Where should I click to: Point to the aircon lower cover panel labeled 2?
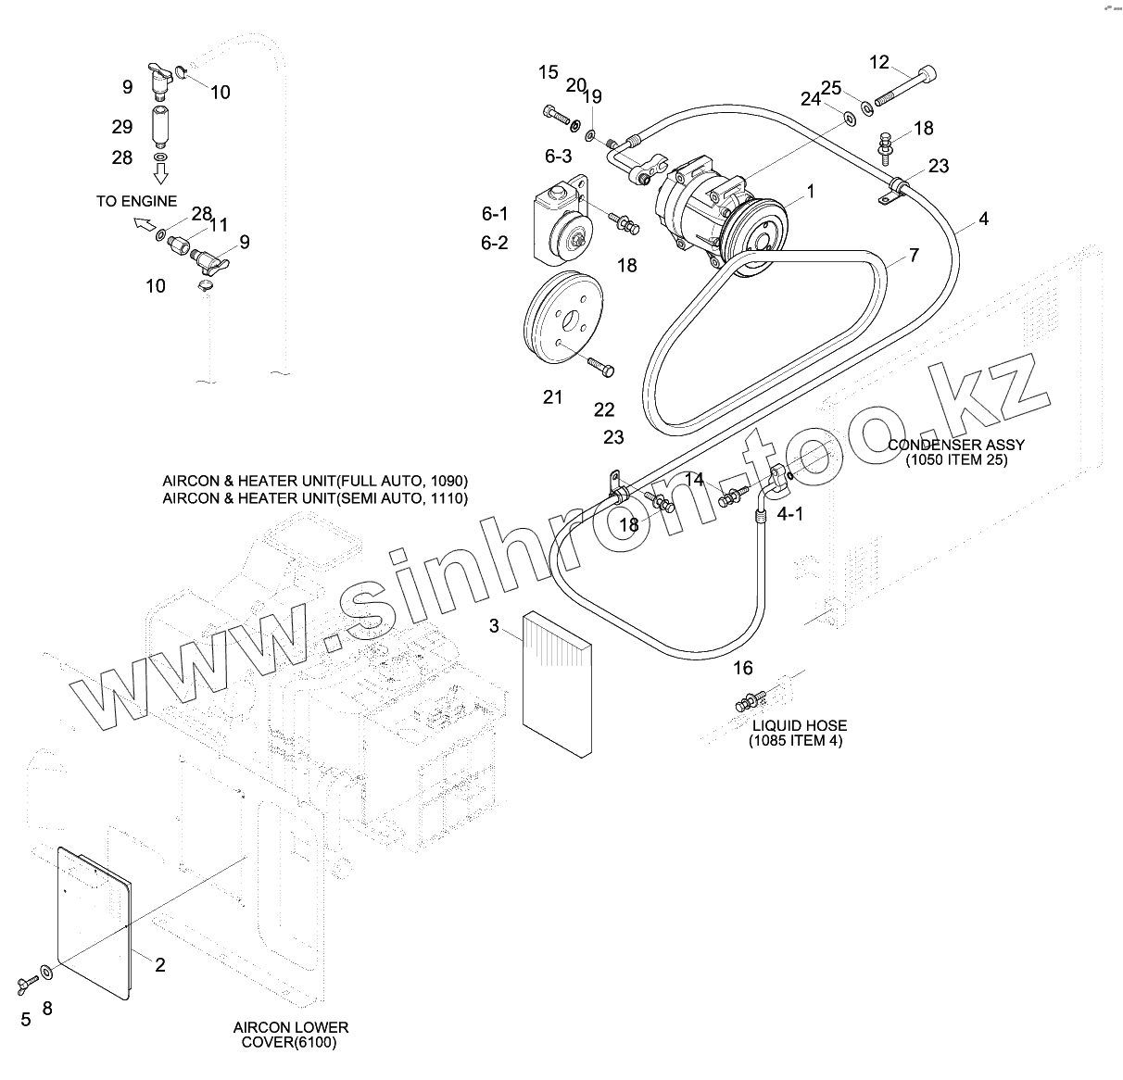93,922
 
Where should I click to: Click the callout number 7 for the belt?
914,255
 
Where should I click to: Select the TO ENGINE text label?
136,201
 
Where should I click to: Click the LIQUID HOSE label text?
799,725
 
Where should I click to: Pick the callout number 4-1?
789,514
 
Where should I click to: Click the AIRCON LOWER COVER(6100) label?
290,1028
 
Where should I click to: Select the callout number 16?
742,668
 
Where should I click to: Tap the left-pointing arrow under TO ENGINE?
144,222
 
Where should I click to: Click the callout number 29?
122,127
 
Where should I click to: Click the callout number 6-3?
558,156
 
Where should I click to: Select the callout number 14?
694,479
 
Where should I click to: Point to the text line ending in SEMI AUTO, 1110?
315,498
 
